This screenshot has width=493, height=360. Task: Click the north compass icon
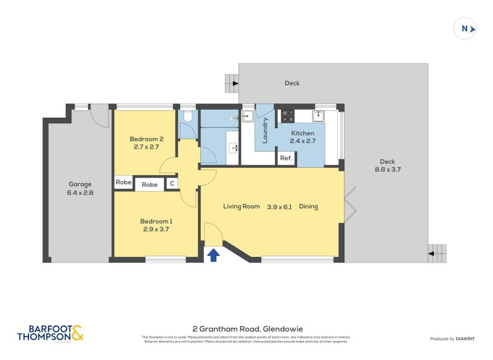click(465, 28)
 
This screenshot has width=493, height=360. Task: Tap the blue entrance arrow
click(213, 255)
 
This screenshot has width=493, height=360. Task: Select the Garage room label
click(80, 188)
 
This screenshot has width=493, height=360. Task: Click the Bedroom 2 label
click(146, 143)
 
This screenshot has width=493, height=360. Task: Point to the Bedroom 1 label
click(155, 225)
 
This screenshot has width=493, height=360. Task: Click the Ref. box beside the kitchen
click(286, 158)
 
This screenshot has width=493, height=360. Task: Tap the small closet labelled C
click(172, 184)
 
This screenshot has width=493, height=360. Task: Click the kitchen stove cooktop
click(288, 115)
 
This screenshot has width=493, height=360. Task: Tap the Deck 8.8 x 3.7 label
click(388, 166)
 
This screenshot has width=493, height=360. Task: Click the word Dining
click(308, 207)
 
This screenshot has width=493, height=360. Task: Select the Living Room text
click(242, 207)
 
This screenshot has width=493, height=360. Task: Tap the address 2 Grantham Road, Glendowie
click(246, 329)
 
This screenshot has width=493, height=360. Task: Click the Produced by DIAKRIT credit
click(451, 339)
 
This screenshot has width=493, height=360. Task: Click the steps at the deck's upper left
click(232, 82)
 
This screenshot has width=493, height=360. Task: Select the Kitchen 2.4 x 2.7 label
click(302, 137)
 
